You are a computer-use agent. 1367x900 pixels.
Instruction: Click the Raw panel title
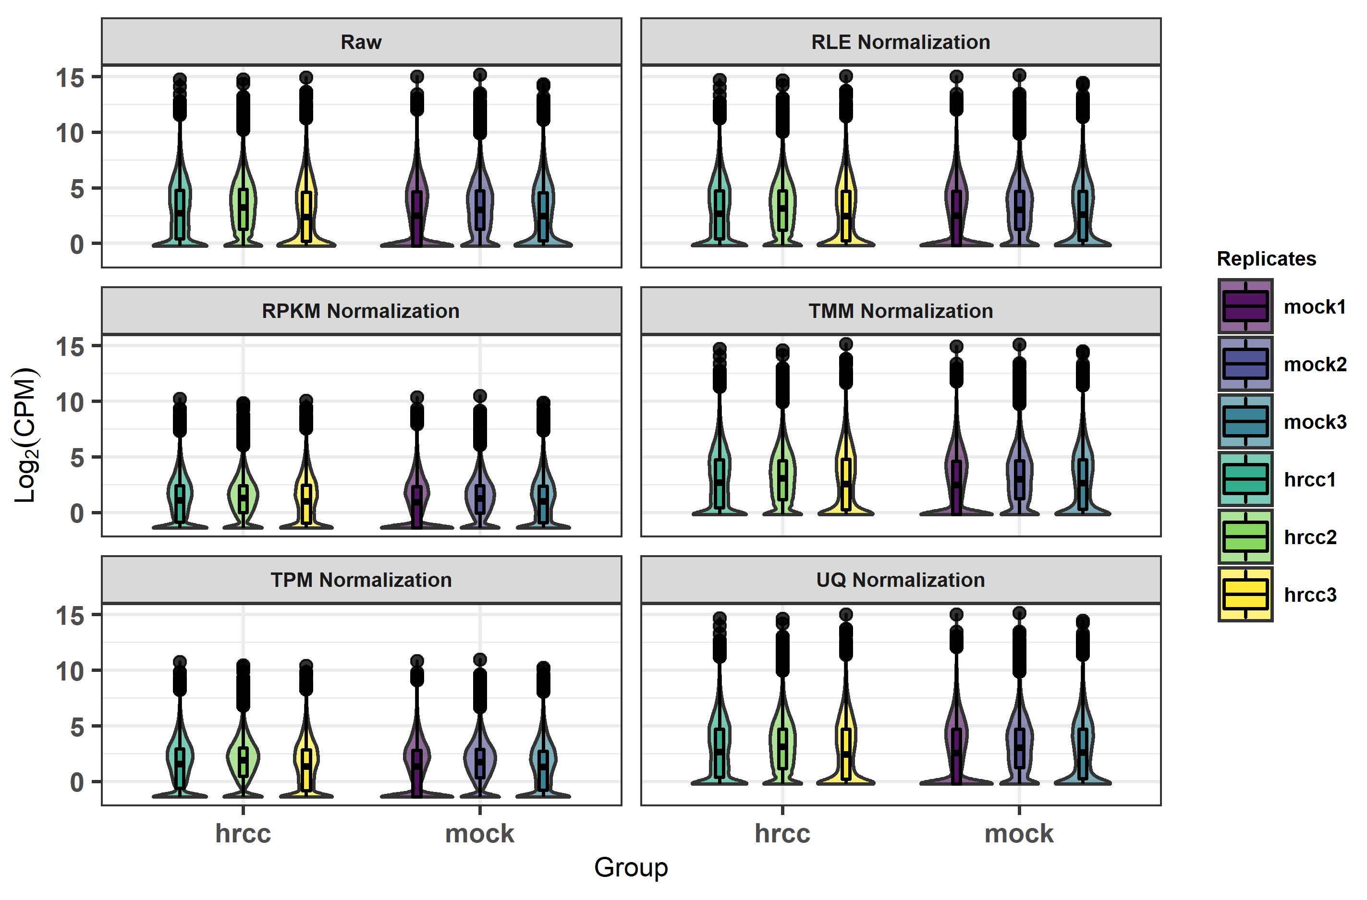pyautogui.click(x=361, y=42)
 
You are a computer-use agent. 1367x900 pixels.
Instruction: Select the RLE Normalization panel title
pyautogui.click(x=900, y=42)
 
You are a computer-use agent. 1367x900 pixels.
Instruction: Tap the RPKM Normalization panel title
pyautogui.click(x=361, y=311)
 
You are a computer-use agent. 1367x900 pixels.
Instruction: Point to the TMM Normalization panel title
pyautogui.click(x=900, y=311)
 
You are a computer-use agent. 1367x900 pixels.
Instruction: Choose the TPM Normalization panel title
pyautogui.click(x=361, y=580)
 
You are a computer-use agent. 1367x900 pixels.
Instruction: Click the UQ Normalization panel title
pyautogui.click(x=900, y=580)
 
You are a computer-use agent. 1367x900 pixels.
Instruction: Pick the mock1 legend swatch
pyautogui.click(x=1245, y=306)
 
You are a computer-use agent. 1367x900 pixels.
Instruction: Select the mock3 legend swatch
pyautogui.click(x=1245, y=421)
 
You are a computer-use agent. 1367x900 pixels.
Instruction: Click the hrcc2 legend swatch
pyautogui.click(x=1245, y=536)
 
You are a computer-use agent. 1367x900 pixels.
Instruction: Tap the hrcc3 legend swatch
pyautogui.click(x=1245, y=594)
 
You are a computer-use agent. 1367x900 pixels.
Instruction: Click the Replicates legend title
pyautogui.click(x=1266, y=258)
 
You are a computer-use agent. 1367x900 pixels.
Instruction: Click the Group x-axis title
pyautogui.click(x=631, y=867)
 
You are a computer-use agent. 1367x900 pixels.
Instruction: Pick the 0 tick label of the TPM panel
pyautogui.click(x=77, y=782)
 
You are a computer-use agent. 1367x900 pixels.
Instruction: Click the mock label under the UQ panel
pyautogui.click(x=1018, y=833)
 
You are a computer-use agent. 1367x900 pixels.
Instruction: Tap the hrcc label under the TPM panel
pyautogui.click(x=243, y=833)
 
